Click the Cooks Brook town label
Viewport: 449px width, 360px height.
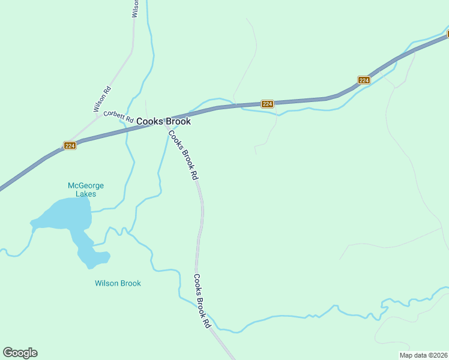click(163, 121)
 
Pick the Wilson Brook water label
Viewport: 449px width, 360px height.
click(118, 283)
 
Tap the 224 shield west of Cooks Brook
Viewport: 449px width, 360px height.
click(70, 146)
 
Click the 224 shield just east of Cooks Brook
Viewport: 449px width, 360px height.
click(268, 104)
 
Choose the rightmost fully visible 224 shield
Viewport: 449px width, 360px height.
click(364, 80)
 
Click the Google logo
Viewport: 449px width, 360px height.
click(20, 353)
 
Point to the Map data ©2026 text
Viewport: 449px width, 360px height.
click(423, 355)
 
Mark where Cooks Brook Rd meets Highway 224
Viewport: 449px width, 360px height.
click(165, 120)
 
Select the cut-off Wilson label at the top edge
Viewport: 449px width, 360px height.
click(136, 8)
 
